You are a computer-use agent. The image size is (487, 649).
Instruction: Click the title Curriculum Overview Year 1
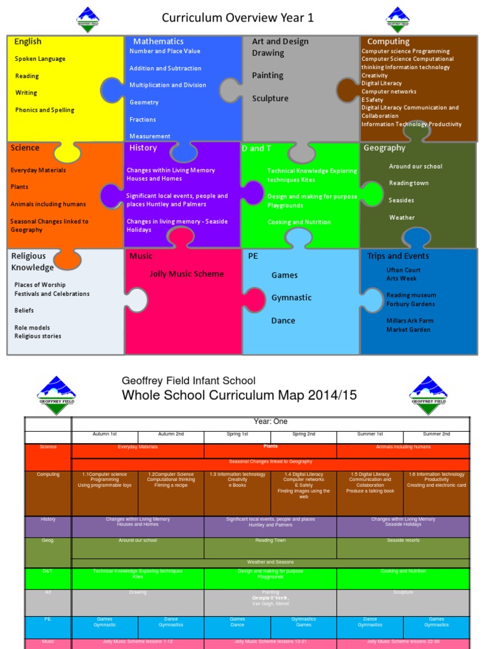pos(238,18)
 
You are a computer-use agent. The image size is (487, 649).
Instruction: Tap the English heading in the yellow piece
pos(28,42)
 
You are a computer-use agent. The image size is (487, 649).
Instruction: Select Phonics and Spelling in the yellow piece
pos(44,110)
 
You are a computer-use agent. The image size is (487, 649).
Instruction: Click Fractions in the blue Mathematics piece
pos(143,119)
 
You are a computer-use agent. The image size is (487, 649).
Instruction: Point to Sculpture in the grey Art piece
pos(270,98)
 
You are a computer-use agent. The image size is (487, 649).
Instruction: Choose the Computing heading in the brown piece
pos(388,42)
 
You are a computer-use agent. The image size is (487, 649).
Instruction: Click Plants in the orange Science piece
pos(19,187)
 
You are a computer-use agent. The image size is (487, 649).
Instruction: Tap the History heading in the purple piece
pos(143,148)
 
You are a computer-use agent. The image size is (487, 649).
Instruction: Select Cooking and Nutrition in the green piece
pos(299,222)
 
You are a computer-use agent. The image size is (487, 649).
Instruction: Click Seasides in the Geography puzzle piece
pos(401,200)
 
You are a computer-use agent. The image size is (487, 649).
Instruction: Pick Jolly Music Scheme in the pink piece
pos(186,274)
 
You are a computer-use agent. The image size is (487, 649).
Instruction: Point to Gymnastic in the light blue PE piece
pos(291,298)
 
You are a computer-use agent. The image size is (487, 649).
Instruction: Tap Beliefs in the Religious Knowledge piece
pos(24,311)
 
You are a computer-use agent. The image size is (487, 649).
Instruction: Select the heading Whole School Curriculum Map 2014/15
pos(239,395)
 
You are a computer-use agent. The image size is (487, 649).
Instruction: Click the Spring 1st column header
pos(237,434)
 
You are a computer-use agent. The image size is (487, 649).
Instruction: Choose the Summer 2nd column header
pos(436,434)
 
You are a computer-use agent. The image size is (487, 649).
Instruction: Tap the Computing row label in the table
pos(48,475)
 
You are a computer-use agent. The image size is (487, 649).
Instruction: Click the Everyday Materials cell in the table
pos(138,447)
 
